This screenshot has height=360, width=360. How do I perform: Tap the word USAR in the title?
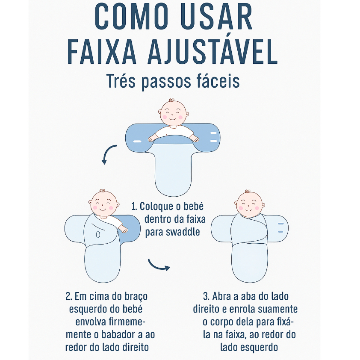coord(217,16)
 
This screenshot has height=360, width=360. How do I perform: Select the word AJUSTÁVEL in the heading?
coord(212,51)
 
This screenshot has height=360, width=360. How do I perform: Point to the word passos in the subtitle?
coord(166,82)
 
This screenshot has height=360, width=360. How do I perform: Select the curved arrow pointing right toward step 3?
coord(159,266)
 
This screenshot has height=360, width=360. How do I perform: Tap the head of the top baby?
coord(173,112)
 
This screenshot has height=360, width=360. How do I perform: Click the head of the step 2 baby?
coord(104,203)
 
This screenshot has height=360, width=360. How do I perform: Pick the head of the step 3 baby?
coord(250,204)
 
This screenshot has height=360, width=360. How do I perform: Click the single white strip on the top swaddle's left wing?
coord(137,141)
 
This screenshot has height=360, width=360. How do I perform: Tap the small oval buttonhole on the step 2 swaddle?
coord(98,235)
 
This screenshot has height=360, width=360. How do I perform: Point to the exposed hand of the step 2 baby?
coord(123,229)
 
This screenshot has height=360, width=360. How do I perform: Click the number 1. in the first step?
coord(134,207)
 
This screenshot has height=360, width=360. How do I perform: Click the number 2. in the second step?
coord(69,296)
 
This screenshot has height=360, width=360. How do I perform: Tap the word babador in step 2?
coord(118,334)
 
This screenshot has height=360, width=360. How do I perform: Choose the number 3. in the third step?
coord(206,296)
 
